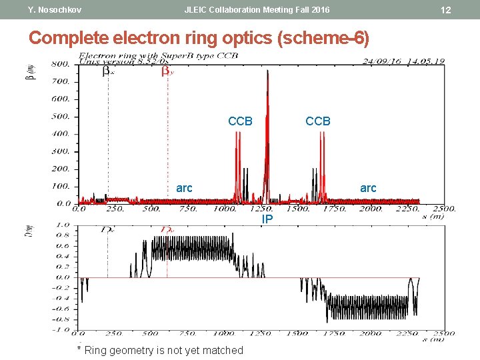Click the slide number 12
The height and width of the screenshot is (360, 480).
446,10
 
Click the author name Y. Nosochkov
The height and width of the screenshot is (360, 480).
55,10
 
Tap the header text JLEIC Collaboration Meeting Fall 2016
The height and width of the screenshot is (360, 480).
257,10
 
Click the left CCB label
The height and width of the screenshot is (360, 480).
240,121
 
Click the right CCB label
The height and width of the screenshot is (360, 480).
317,121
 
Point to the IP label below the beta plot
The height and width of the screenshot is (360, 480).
267,219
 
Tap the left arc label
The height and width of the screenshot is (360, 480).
184,188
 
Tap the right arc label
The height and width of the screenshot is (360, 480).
368,188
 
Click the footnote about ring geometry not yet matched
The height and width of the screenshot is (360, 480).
160,350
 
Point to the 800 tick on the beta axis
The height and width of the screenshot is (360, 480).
61,65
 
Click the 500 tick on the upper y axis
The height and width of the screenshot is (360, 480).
61,117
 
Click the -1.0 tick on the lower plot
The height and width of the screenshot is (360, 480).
61,329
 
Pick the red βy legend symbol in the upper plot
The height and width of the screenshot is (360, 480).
166,72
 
